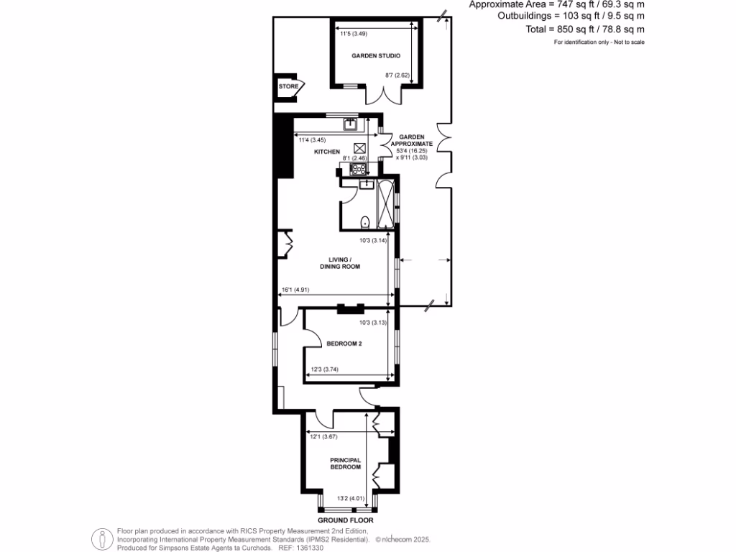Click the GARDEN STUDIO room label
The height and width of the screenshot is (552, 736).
pyautogui.click(x=375, y=55)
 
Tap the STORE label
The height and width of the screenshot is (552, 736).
pyautogui.click(x=288, y=87)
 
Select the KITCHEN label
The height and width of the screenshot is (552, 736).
pyautogui.click(x=326, y=152)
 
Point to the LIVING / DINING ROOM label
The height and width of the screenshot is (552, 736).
pyautogui.click(x=340, y=262)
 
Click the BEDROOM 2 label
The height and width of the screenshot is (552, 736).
pyautogui.click(x=344, y=344)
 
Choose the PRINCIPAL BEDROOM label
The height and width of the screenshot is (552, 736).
pyautogui.click(x=345, y=463)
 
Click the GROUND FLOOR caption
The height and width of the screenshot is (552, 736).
pyautogui.click(x=346, y=520)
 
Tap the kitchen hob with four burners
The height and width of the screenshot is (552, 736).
pyautogui.click(x=358, y=170)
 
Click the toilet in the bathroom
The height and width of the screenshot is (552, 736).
pyautogui.click(x=365, y=221)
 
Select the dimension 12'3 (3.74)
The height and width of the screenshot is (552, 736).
pyautogui.click(x=324, y=370)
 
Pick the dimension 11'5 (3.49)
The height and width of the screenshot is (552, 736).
pyautogui.click(x=353, y=34)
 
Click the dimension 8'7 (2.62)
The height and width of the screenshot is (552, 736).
pyautogui.click(x=397, y=75)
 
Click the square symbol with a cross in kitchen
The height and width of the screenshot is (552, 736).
pyautogui.click(x=359, y=149)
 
